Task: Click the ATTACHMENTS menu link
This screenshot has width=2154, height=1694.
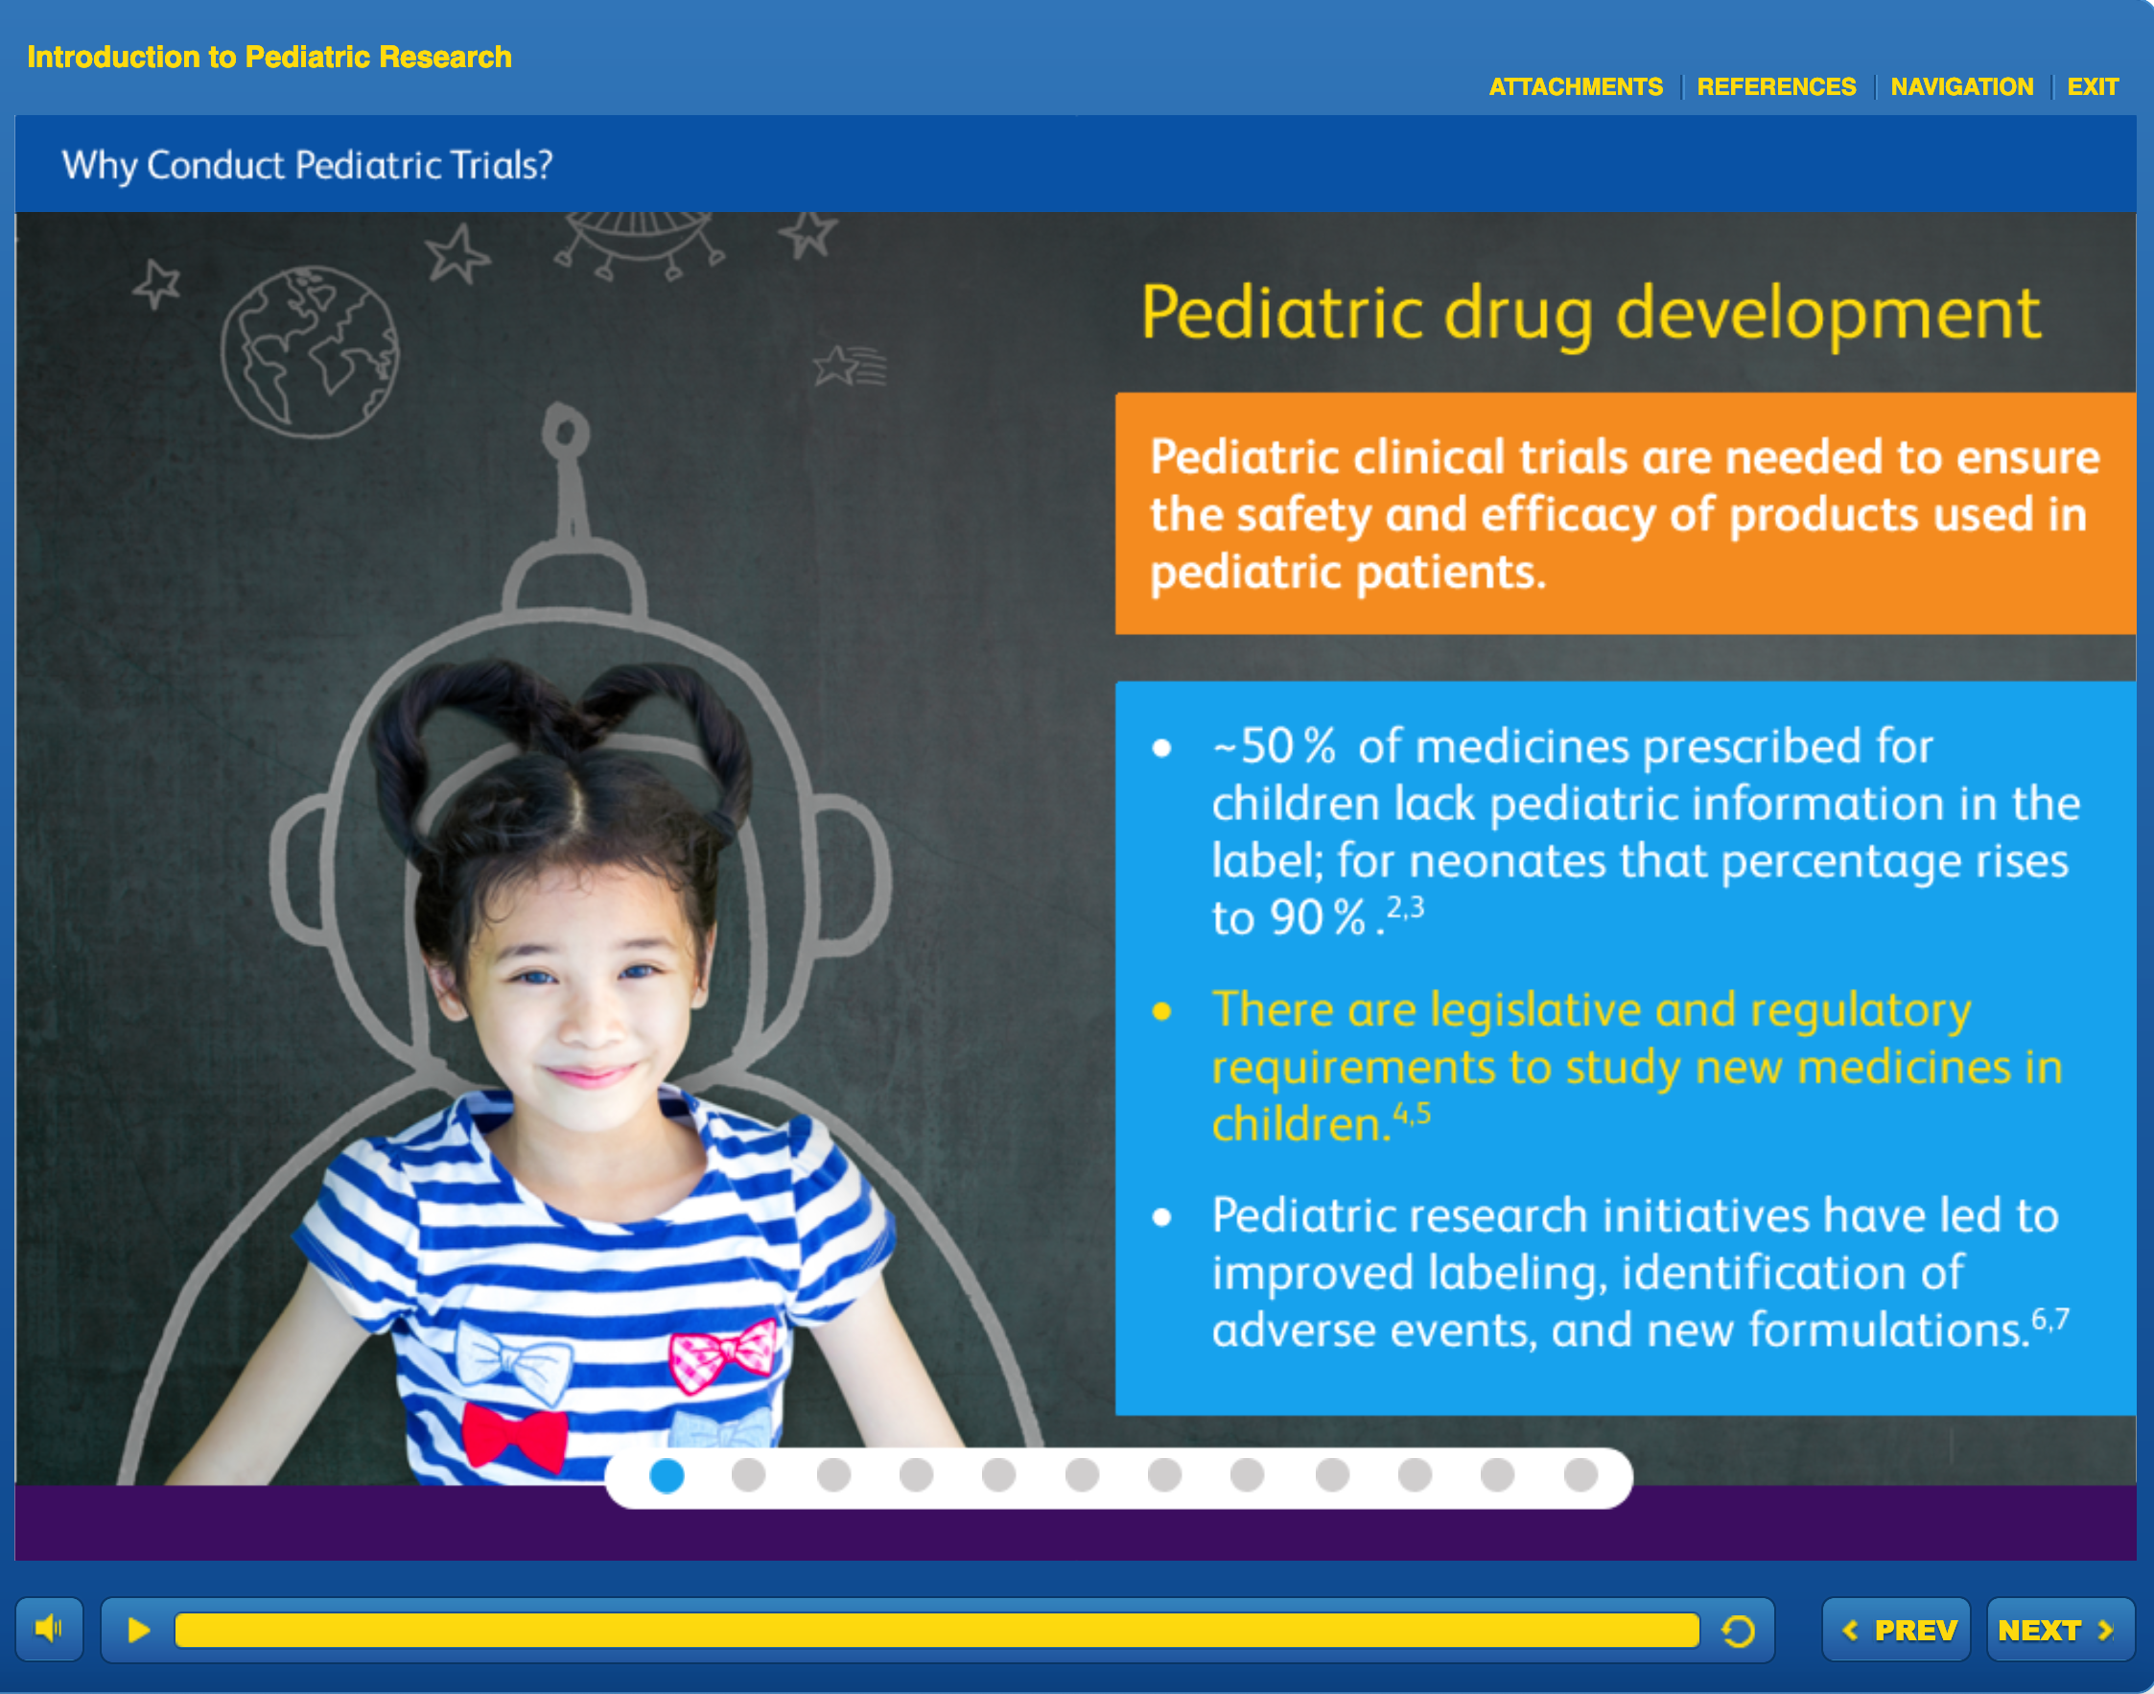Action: coord(1576,87)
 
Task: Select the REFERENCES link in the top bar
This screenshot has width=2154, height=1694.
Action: coord(1776,87)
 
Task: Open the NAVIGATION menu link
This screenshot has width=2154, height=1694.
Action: coord(1961,87)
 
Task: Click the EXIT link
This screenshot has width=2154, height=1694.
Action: coord(2093,87)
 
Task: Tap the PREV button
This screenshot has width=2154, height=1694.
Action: coord(1896,1630)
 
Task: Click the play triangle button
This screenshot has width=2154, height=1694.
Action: coord(139,1630)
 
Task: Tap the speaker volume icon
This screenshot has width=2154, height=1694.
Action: coord(49,1629)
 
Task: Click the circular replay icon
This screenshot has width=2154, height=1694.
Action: coord(1738,1631)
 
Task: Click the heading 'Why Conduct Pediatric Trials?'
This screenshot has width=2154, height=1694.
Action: coord(308,165)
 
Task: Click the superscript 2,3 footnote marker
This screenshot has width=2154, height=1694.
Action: coord(1404,906)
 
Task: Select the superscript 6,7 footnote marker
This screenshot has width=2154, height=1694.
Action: coord(2049,1319)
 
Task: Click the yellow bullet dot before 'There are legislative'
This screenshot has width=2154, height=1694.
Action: coord(1162,1012)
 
